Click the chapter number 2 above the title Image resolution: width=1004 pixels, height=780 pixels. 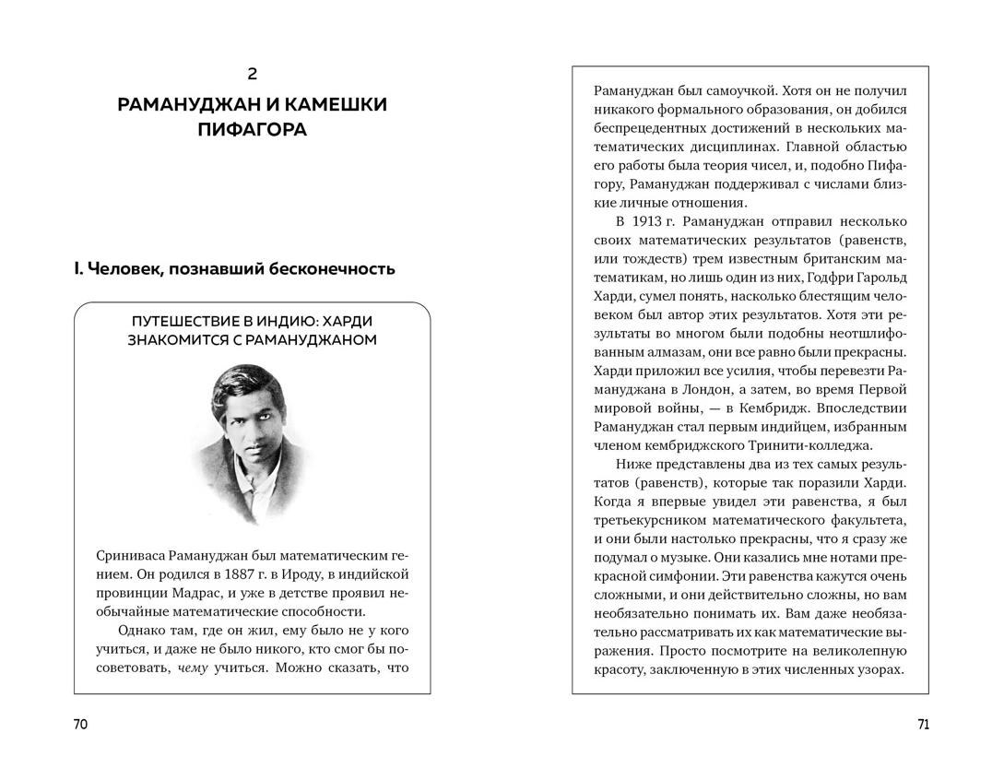(x=253, y=74)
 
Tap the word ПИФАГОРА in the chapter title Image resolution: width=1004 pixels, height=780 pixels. (x=253, y=130)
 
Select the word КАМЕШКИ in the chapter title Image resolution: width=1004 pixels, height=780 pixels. (x=323, y=103)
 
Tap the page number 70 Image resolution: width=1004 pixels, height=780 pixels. (x=80, y=725)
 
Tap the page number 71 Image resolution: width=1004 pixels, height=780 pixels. (x=924, y=725)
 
